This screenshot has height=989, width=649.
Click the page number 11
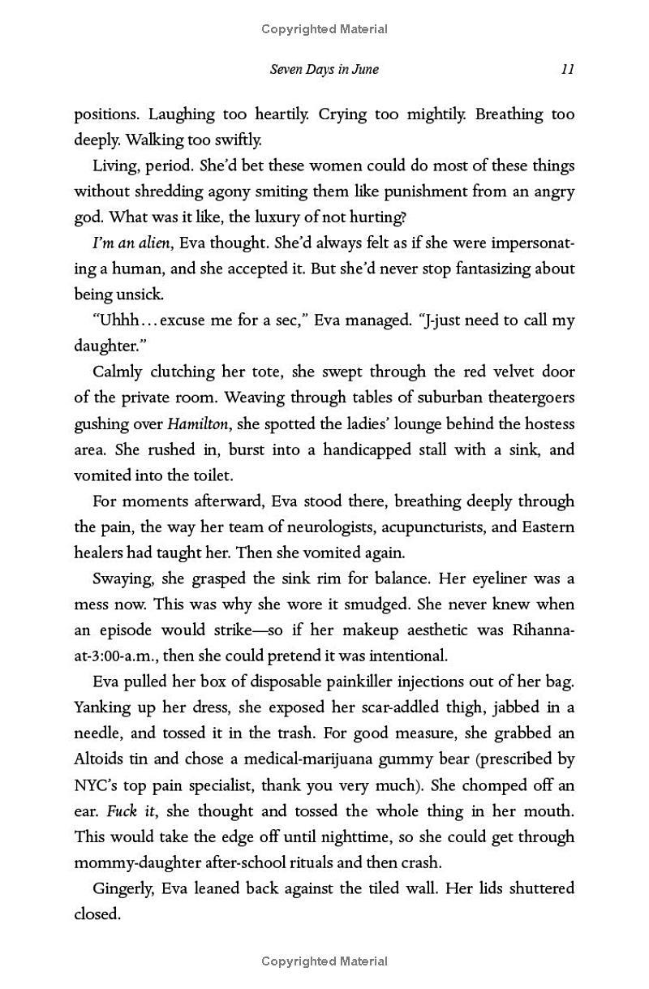(567, 69)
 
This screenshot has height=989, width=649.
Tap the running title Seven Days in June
(324, 69)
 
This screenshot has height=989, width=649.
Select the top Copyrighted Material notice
(324, 29)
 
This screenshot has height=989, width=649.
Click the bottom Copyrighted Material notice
(324, 961)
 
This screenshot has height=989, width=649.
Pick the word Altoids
(101, 759)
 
